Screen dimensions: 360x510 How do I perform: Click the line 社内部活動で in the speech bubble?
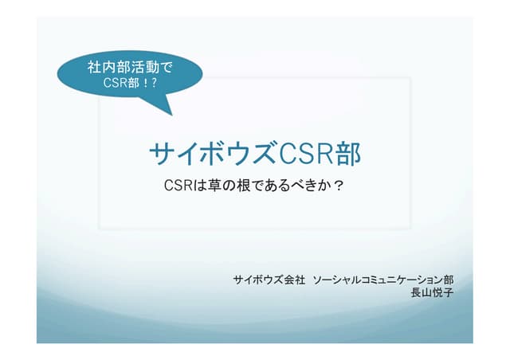coord(129,67)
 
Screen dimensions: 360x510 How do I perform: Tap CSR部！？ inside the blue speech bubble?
coord(130,81)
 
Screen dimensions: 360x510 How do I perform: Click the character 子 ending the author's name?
coord(449,292)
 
